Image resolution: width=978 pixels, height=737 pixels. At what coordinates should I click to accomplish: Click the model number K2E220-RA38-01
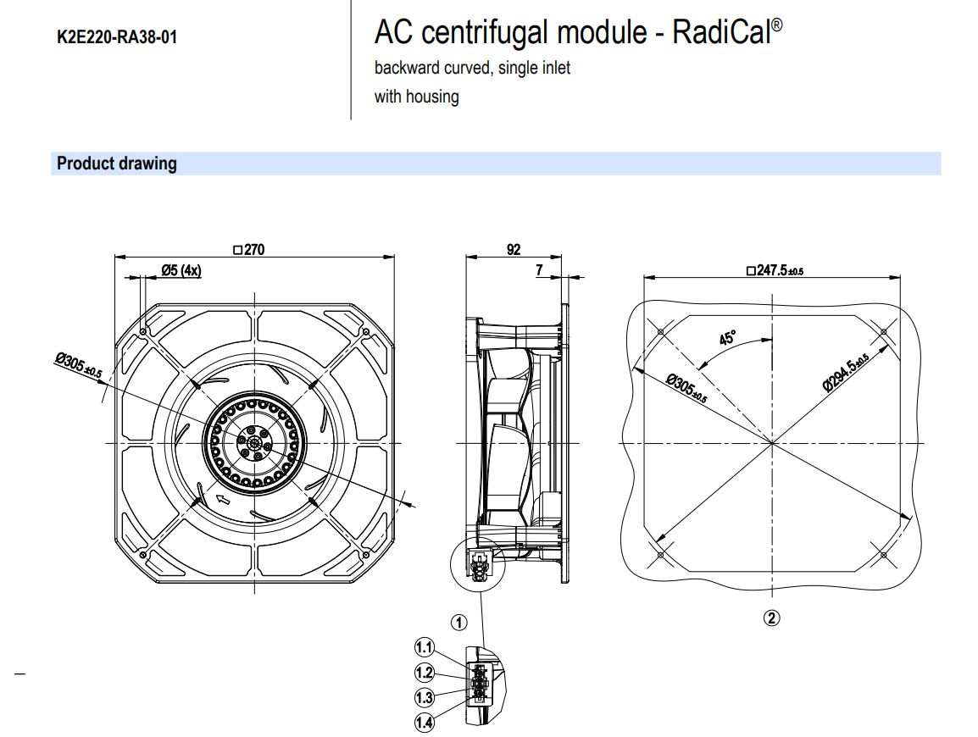pyautogui.click(x=117, y=37)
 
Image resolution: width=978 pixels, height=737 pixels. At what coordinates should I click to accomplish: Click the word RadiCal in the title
pyautogui.click(x=722, y=33)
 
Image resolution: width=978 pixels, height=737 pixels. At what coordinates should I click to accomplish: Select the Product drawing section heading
pyautogui.click(x=116, y=163)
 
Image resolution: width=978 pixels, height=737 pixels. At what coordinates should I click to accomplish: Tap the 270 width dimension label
pyautogui.click(x=252, y=250)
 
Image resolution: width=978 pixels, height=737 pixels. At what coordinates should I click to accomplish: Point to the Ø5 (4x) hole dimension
pyautogui.click(x=181, y=271)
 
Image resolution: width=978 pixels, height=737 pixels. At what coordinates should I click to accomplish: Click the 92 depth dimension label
pyautogui.click(x=514, y=250)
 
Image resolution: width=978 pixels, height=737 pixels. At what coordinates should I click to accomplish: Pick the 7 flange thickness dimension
pyautogui.click(x=539, y=269)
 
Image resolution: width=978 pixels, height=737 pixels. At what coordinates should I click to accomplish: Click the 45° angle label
pyautogui.click(x=727, y=339)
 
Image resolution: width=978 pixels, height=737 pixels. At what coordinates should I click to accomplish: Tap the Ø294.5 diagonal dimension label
pyautogui.click(x=845, y=372)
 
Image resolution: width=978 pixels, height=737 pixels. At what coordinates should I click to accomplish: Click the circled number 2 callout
pyautogui.click(x=771, y=618)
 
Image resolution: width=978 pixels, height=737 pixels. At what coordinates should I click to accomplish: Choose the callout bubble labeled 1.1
pyautogui.click(x=424, y=648)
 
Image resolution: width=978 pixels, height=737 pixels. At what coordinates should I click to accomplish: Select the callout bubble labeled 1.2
pyautogui.click(x=424, y=673)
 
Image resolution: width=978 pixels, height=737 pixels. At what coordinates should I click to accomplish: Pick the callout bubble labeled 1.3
pyautogui.click(x=424, y=697)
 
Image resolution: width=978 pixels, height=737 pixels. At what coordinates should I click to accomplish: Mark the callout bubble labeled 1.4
pyautogui.click(x=424, y=722)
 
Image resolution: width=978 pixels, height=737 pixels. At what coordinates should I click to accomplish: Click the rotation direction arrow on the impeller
pyautogui.click(x=224, y=500)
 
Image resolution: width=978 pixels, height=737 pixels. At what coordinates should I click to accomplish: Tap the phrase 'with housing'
pyautogui.click(x=417, y=97)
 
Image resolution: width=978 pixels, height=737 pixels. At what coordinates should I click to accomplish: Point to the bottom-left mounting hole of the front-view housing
pyautogui.click(x=146, y=554)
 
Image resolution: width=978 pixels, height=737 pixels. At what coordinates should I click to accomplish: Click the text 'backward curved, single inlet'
pyautogui.click(x=472, y=68)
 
